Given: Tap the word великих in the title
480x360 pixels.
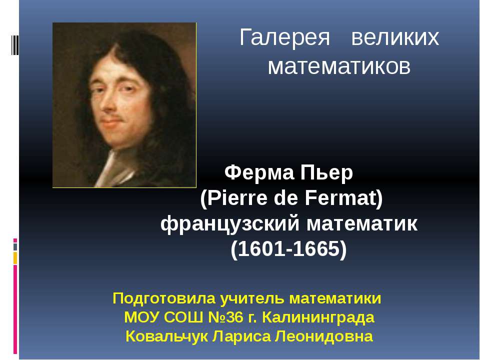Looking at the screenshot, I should [x=395, y=38].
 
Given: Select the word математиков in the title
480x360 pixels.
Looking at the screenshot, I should [x=339, y=66].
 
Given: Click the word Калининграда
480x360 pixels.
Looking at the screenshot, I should [x=318, y=317].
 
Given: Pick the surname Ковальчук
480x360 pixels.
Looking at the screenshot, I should [x=167, y=336].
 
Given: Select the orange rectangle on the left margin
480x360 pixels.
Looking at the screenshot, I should [x=15, y=258].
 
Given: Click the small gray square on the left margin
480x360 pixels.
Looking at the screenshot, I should [x=15, y=247].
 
